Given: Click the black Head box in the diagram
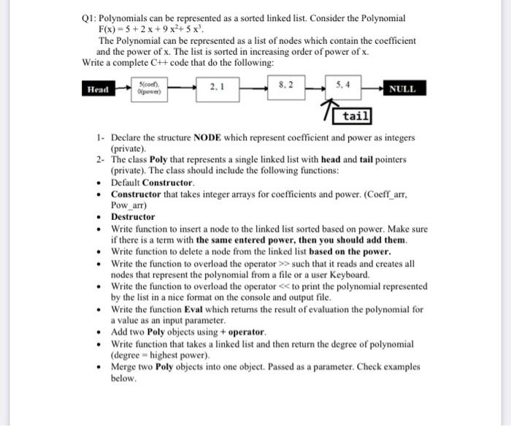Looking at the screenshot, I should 97,89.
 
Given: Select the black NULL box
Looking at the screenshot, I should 402,89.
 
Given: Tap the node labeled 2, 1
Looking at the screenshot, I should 216,88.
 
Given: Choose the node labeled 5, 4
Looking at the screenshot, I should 343,85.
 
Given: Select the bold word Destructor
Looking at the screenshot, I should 133,217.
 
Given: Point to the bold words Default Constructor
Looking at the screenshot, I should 153,182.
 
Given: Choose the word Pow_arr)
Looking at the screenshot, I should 130,205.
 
